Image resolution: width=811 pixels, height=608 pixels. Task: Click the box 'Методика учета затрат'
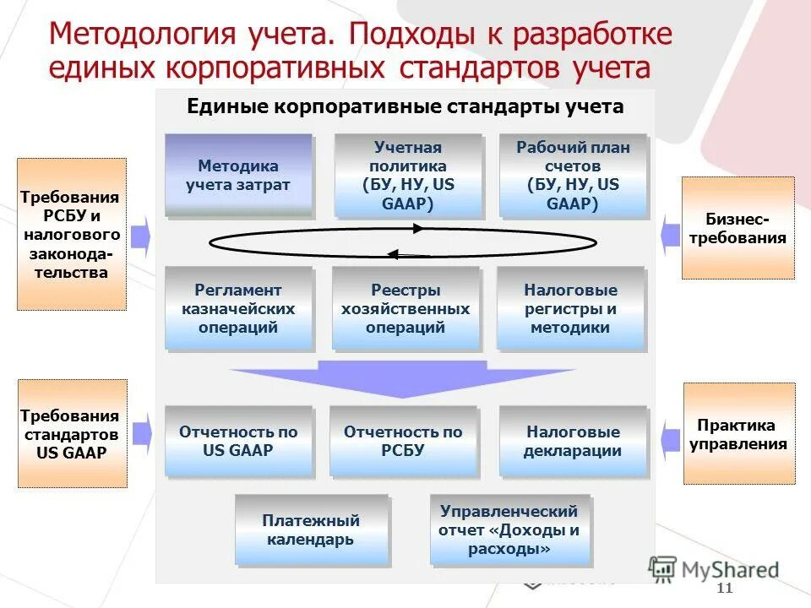(x=238, y=175)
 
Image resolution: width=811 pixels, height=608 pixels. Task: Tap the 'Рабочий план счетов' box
(x=573, y=175)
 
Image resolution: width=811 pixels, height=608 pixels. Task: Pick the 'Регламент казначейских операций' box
(x=238, y=308)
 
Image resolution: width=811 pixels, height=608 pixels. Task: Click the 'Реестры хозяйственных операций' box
(x=405, y=308)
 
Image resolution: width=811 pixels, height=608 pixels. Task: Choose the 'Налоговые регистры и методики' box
(x=570, y=308)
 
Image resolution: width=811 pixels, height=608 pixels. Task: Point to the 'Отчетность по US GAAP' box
(x=238, y=441)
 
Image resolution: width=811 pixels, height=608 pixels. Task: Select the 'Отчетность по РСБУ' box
(x=403, y=441)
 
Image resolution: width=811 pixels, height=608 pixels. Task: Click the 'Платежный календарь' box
(x=311, y=529)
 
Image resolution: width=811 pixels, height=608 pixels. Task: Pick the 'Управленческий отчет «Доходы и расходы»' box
(x=509, y=529)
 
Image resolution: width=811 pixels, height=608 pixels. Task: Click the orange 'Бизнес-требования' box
(x=738, y=228)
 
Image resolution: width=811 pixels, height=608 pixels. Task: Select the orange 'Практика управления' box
(x=738, y=434)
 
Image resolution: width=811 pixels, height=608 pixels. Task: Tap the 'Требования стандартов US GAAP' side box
(x=72, y=434)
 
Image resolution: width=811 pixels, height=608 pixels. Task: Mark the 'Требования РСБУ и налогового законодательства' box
(x=72, y=234)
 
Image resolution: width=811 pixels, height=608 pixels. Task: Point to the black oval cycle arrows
(x=403, y=242)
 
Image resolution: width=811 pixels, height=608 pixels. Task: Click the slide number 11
(x=724, y=589)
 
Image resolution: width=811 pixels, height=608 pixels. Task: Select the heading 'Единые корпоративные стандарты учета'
(x=405, y=107)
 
